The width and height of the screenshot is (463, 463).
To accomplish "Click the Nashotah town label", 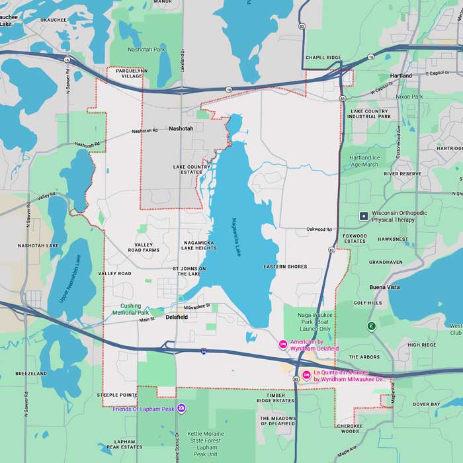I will pyautogui.click(x=181, y=128).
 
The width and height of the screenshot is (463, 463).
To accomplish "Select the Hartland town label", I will pyautogui.click(x=400, y=75).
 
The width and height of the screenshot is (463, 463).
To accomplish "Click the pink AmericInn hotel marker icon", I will pyautogui.click(x=283, y=344).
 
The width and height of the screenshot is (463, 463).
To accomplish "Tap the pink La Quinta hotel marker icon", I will pyautogui.click(x=306, y=376).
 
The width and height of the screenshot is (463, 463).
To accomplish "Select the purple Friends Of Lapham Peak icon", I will pyautogui.click(x=182, y=409).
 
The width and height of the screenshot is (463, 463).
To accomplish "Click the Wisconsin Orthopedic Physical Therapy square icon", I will pyautogui.click(x=363, y=216).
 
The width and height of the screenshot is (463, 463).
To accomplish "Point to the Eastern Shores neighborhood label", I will pyautogui.click(x=285, y=267).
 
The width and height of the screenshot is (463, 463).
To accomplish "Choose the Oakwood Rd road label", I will pyautogui.click(x=318, y=230).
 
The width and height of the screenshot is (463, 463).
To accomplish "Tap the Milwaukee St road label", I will pyautogui.click(x=196, y=306).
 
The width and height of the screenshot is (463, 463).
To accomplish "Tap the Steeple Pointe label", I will pyautogui.click(x=117, y=395).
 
